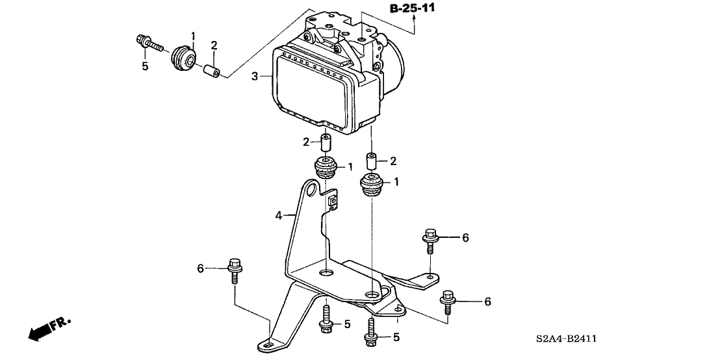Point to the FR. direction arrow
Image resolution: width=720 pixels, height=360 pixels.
click(49, 329)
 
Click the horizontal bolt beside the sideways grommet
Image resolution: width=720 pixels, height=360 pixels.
click(150, 45)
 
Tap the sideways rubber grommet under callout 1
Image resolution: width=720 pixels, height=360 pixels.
click(183, 58)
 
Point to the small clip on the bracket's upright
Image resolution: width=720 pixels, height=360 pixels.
click(332, 200)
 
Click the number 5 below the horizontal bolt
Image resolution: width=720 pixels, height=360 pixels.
click(145, 66)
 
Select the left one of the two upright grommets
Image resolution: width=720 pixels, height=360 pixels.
click(325, 170)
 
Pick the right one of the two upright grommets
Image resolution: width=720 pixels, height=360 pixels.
click(371, 185)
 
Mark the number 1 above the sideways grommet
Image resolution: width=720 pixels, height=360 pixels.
click(192, 34)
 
